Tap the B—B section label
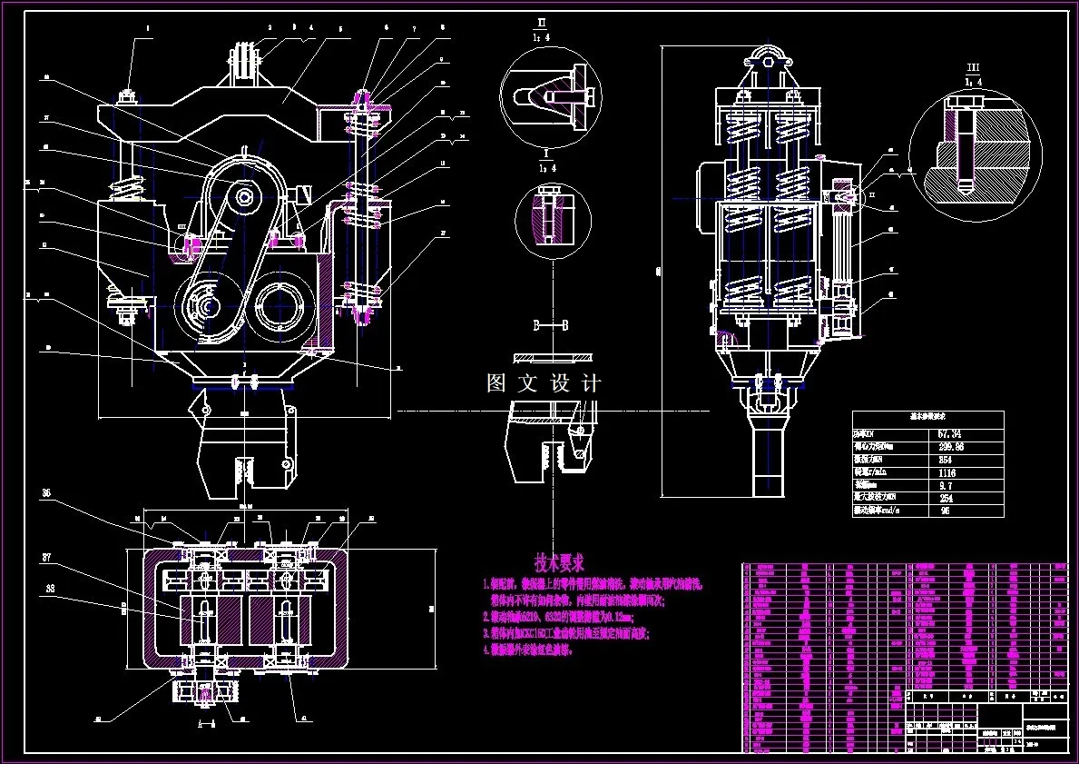pyautogui.click(x=550, y=324)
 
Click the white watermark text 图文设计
pyautogui.click(x=544, y=383)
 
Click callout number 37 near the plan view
pyautogui.click(x=45, y=557)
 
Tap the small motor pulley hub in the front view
pyautogui.click(x=243, y=193)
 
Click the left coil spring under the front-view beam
pyautogui.click(x=128, y=192)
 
